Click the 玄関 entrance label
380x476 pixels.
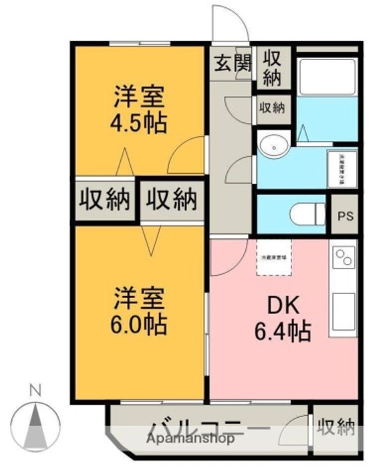[233, 64]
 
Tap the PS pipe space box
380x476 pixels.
[344, 215]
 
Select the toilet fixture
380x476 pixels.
[307, 214]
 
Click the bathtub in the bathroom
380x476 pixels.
[328, 77]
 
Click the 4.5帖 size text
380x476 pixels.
[138, 123]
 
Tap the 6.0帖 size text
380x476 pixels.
[138, 323]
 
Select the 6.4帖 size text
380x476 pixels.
[283, 331]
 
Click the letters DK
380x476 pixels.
[283, 305]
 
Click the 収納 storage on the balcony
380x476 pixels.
[336, 428]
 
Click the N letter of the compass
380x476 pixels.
[36, 391]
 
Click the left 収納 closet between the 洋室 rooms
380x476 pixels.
[105, 200]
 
